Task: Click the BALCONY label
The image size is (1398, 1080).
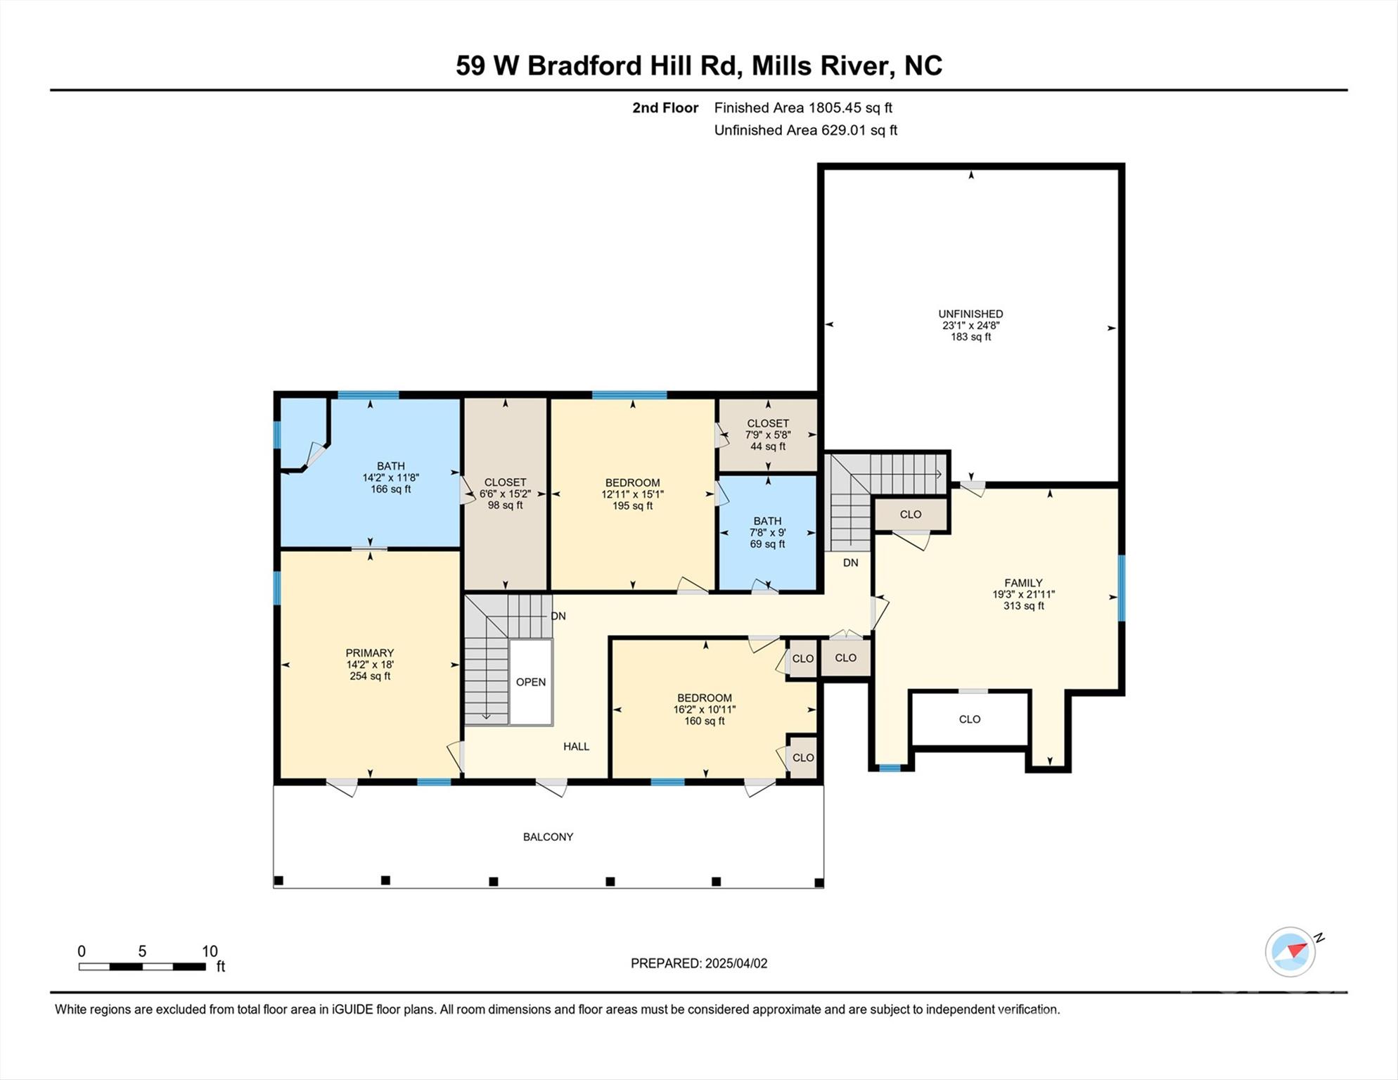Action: [548, 837]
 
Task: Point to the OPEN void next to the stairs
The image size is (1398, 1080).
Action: [531, 682]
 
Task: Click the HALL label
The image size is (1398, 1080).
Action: [576, 747]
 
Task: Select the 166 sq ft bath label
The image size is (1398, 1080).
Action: [390, 477]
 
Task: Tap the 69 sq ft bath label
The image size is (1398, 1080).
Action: [767, 532]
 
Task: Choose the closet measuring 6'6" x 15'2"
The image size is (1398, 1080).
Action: [505, 494]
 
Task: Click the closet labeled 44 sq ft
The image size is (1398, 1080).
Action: [767, 435]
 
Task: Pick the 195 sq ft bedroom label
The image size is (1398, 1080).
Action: [632, 494]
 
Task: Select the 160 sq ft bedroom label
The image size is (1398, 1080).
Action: [704, 709]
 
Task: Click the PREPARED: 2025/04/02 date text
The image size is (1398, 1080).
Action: [699, 963]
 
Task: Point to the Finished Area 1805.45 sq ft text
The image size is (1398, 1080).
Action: [802, 108]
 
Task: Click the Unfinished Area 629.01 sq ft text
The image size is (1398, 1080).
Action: [805, 130]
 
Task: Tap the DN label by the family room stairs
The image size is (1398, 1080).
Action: [850, 562]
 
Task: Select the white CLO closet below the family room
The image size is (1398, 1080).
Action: [969, 719]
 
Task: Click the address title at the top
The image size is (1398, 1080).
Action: [698, 65]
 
